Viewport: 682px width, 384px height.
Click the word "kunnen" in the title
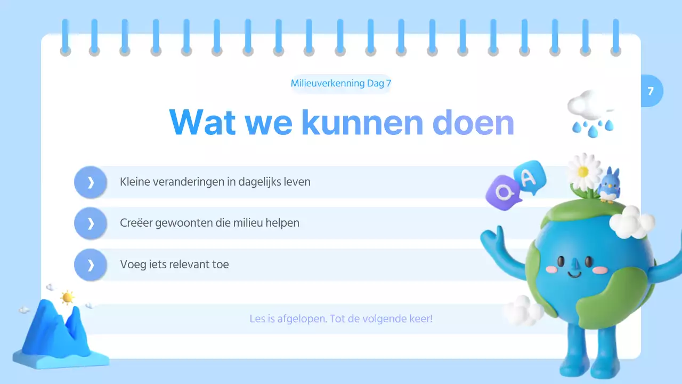point(362,122)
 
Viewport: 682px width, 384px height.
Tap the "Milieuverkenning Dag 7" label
point(341,83)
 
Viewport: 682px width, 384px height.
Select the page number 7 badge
point(651,91)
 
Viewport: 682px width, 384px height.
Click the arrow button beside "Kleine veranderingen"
point(91,182)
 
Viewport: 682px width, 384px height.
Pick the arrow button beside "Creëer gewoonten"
point(91,223)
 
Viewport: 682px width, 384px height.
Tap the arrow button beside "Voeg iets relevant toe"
point(91,265)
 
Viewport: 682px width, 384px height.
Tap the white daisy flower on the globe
point(583,171)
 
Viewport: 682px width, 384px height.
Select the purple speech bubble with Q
point(502,191)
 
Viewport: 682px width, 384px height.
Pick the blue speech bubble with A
point(530,176)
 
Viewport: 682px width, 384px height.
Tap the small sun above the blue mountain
point(67,298)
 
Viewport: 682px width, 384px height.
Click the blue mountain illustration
point(56,333)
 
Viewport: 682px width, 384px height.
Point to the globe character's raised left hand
point(493,237)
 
